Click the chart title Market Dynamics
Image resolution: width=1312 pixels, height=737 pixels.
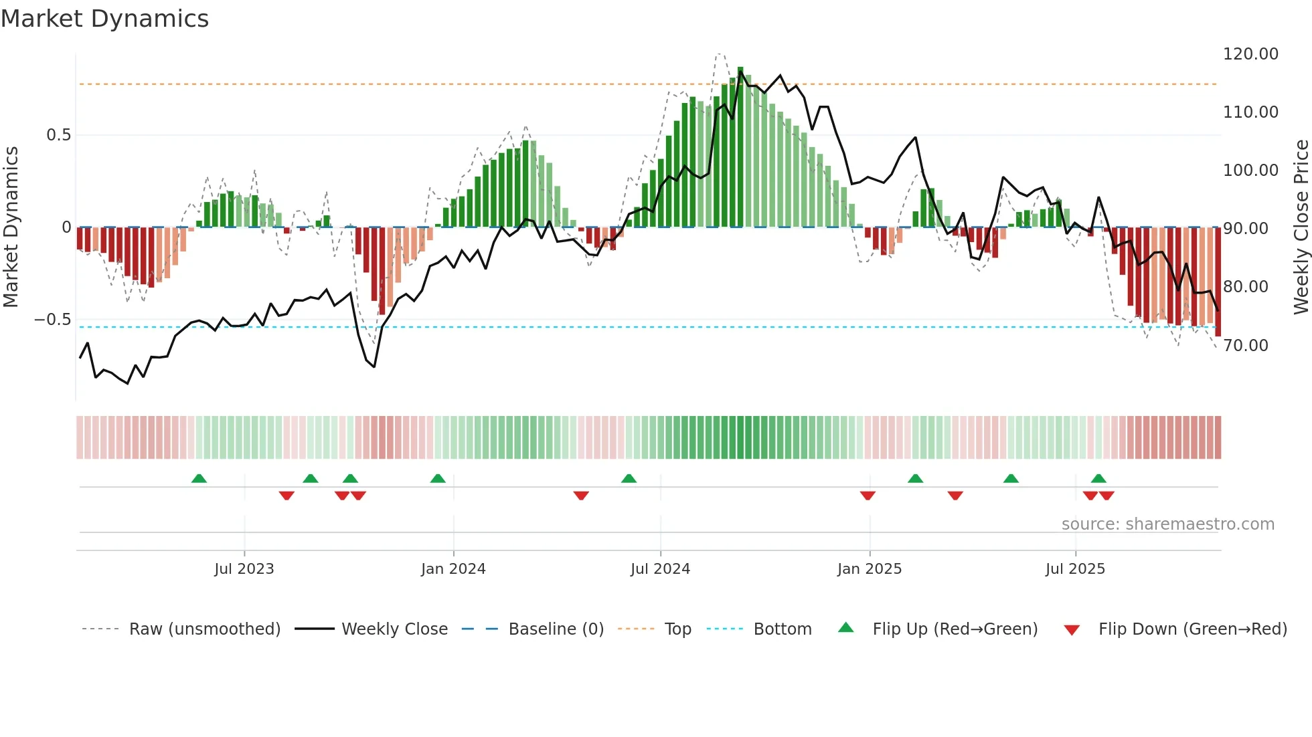(x=105, y=19)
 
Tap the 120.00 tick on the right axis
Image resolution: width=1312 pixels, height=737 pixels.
(x=1250, y=54)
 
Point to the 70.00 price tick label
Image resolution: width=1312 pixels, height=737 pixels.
(x=1246, y=345)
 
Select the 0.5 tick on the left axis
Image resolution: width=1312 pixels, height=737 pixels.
(x=58, y=135)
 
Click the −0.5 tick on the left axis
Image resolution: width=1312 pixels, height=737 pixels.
(x=52, y=320)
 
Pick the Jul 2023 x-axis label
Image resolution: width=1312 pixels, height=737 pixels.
(x=244, y=568)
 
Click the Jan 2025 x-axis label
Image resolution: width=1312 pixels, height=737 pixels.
(x=870, y=568)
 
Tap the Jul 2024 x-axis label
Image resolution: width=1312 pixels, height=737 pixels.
(x=660, y=568)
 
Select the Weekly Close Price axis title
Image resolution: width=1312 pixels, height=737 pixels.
(x=1301, y=227)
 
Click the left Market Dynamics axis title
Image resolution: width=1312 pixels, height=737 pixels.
(x=11, y=227)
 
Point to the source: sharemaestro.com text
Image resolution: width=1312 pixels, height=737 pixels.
(x=1167, y=524)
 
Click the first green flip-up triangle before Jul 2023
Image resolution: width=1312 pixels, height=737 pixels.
(x=199, y=478)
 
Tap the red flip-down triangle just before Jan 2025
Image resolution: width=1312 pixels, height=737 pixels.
(x=868, y=495)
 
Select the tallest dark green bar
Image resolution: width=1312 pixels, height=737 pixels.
(x=740, y=147)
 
